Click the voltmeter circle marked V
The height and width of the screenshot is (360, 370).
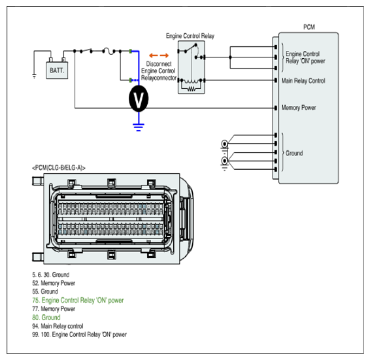point(139,99)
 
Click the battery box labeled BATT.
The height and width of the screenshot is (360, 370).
point(57,70)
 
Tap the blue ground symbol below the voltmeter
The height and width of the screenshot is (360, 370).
point(139,127)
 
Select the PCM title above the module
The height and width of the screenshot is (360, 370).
point(309,27)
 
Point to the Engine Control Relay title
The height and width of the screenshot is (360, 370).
point(190,36)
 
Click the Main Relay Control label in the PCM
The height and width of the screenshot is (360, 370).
point(303,81)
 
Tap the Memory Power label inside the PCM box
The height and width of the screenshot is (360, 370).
point(299,108)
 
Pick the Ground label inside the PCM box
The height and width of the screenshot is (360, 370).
point(294,154)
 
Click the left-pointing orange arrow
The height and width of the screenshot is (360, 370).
point(154,56)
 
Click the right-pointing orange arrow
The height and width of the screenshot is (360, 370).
point(165,56)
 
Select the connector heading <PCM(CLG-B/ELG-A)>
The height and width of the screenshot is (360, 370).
point(59,168)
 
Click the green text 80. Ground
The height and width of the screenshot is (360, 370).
point(46,318)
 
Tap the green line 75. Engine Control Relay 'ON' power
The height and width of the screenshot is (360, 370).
point(78,301)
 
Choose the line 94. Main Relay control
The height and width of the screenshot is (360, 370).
point(58,326)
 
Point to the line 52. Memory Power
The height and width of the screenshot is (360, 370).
point(54,283)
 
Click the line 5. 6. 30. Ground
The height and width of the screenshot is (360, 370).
point(51,274)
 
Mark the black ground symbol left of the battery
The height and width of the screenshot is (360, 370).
point(34,76)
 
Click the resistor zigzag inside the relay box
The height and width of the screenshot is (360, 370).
point(192,89)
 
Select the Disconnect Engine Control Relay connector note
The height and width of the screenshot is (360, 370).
point(159,71)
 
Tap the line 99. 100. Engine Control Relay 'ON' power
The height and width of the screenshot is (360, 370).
point(79,335)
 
